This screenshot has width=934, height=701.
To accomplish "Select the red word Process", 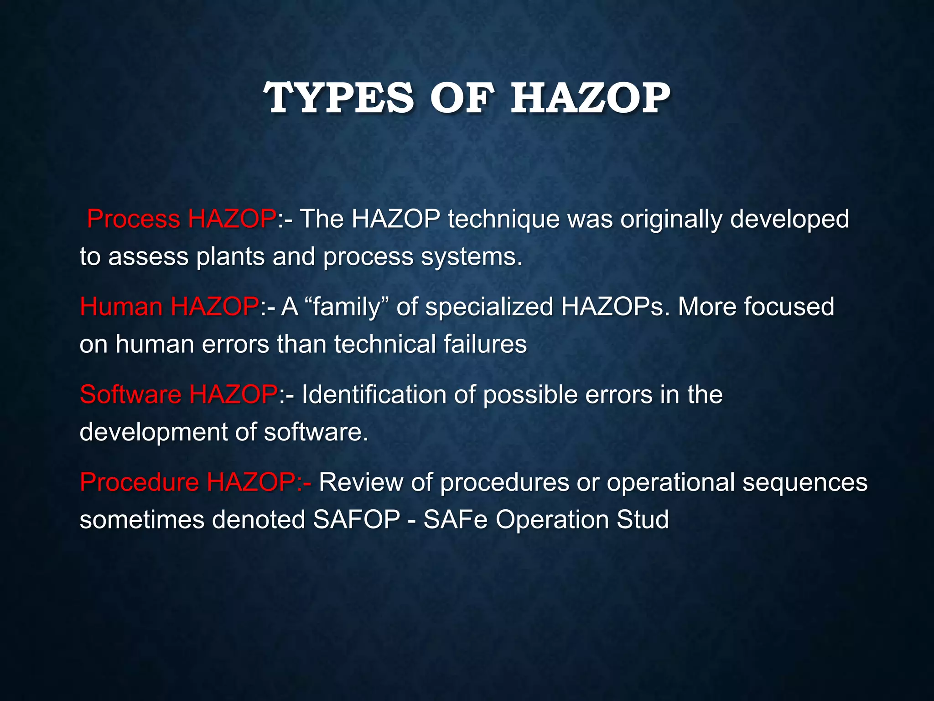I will [x=134, y=219].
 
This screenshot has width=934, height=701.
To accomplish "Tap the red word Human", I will [x=121, y=307].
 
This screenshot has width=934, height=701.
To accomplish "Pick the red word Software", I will [x=130, y=394].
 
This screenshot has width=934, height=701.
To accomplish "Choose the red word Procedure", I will [x=140, y=482].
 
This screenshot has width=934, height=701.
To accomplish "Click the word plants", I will [x=230, y=256].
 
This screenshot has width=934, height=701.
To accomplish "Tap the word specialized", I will [x=489, y=307].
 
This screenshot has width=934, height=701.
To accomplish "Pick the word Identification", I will [x=374, y=394].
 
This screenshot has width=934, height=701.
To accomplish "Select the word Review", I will [x=361, y=482].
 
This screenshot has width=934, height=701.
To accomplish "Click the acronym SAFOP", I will [x=356, y=519].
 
